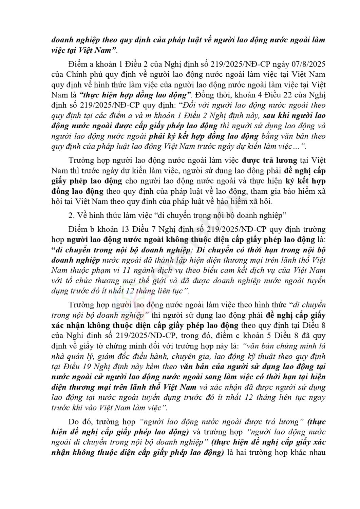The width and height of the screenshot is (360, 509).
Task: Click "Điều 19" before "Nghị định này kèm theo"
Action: point(76,367)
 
